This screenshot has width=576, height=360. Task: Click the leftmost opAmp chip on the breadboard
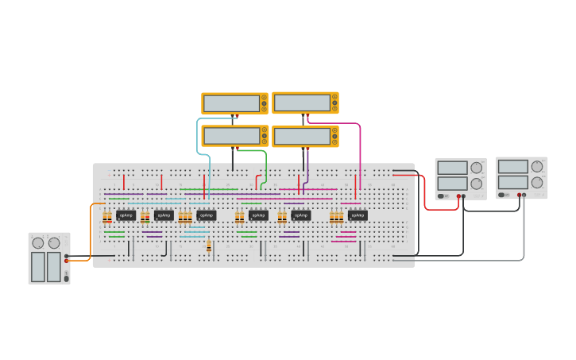126,215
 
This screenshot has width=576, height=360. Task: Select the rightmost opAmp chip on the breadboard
358,215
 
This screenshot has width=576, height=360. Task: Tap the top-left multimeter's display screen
231,103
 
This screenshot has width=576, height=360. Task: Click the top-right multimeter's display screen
302,103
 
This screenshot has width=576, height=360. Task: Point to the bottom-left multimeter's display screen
231,136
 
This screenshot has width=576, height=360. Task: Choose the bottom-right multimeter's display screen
302,136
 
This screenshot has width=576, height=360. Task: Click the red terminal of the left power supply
458,195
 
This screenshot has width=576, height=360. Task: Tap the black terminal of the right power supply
524,195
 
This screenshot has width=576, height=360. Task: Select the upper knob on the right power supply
537,166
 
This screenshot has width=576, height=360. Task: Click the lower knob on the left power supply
476,184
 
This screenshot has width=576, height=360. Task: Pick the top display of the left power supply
452,168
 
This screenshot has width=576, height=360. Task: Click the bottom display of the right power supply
512,182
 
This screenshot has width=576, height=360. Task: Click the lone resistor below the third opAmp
209,247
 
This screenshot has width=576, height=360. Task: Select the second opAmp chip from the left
164,215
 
